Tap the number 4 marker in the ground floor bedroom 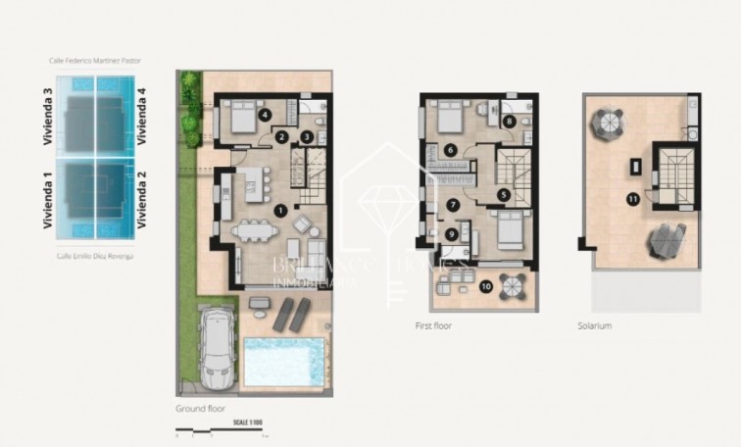[x=265, y=115]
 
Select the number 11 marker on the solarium [x=633, y=199]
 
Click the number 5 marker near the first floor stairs [x=503, y=194]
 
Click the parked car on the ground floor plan [x=451, y=234]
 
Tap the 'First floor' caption [x=435, y=325]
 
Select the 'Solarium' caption [x=595, y=325]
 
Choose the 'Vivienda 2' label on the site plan [x=142, y=199]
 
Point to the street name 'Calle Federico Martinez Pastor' [x=95, y=60]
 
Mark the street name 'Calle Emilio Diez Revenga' [x=95, y=255]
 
